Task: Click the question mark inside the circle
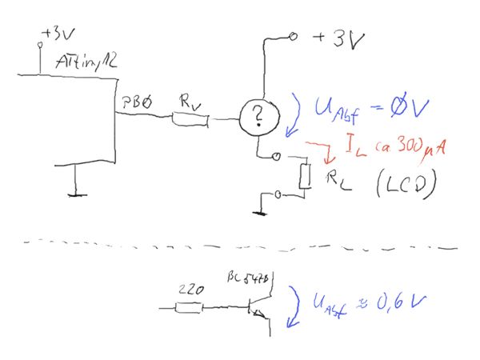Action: tap(257, 119)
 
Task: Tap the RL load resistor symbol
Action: tap(304, 177)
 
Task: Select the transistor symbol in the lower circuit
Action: tap(263, 307)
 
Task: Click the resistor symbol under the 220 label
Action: tap(190, 307)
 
